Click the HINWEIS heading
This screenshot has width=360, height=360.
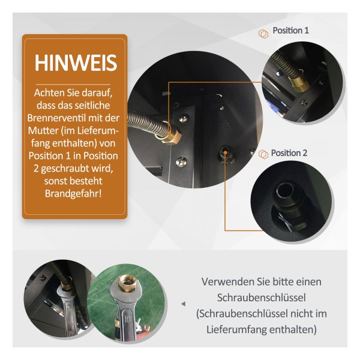pos(76,63)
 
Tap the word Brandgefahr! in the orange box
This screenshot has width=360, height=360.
pos(73,194)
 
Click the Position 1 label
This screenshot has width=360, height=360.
pos(290,31)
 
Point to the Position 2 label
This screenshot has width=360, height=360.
pos(289,153)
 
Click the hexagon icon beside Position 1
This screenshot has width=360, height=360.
pos(263,34)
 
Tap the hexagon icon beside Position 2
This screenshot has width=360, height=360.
pos(263,154)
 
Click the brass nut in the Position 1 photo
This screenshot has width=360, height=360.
pos(298,83)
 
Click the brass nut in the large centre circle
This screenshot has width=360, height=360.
pos(169,136)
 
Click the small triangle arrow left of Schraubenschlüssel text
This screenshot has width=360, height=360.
pos(183,304)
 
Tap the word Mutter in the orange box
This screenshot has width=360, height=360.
pos(43,131)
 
